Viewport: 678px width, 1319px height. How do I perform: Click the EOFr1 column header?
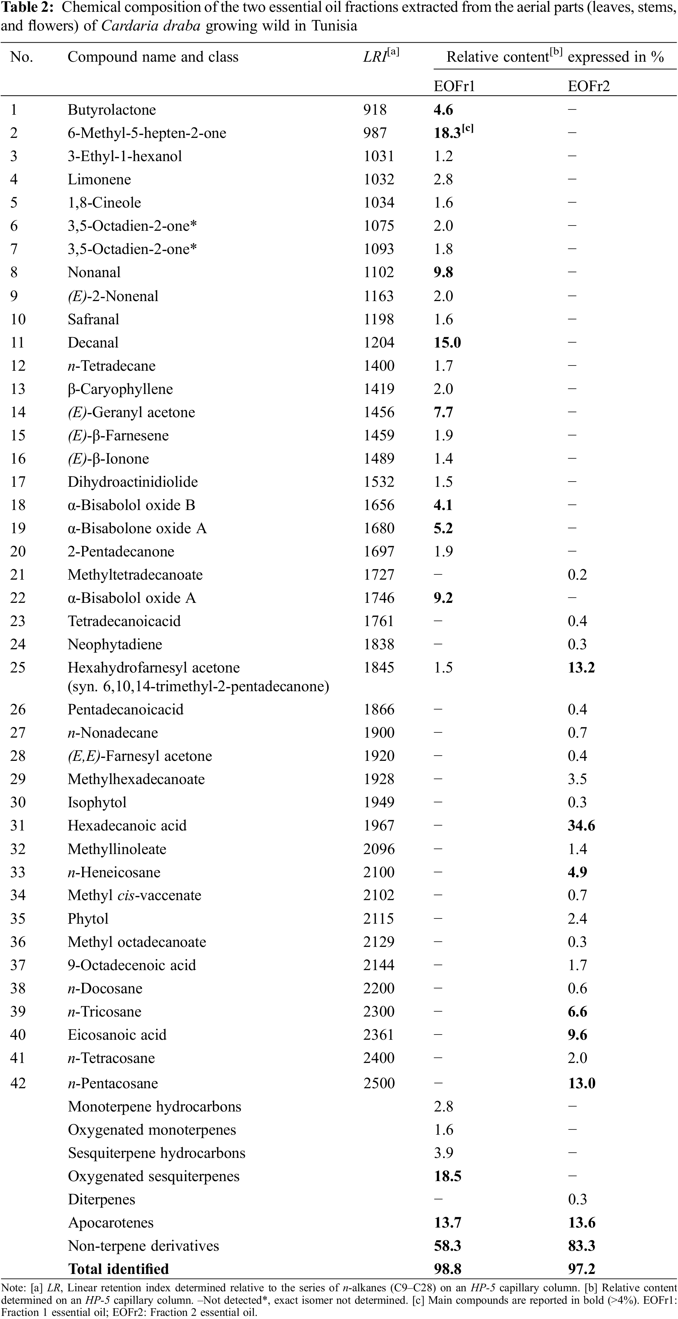[454, 86]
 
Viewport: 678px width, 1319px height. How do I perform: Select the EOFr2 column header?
[588, 86]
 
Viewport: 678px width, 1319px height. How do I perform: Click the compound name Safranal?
[93, 319]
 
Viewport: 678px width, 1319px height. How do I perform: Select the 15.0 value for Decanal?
[447, 343]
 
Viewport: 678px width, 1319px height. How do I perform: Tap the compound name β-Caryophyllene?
[120, 389]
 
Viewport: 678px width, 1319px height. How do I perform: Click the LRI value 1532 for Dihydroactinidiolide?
[379, 482]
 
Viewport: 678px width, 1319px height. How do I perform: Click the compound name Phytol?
[88, 918]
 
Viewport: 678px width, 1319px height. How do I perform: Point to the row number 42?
[18, 1083]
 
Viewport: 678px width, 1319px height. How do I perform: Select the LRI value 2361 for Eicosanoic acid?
[379, 1035]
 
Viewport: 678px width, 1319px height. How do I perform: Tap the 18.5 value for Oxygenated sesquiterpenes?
[447, 1176]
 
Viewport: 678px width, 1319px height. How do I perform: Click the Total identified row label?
[118, 1269]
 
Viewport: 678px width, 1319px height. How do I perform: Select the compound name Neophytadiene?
[115, 644]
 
